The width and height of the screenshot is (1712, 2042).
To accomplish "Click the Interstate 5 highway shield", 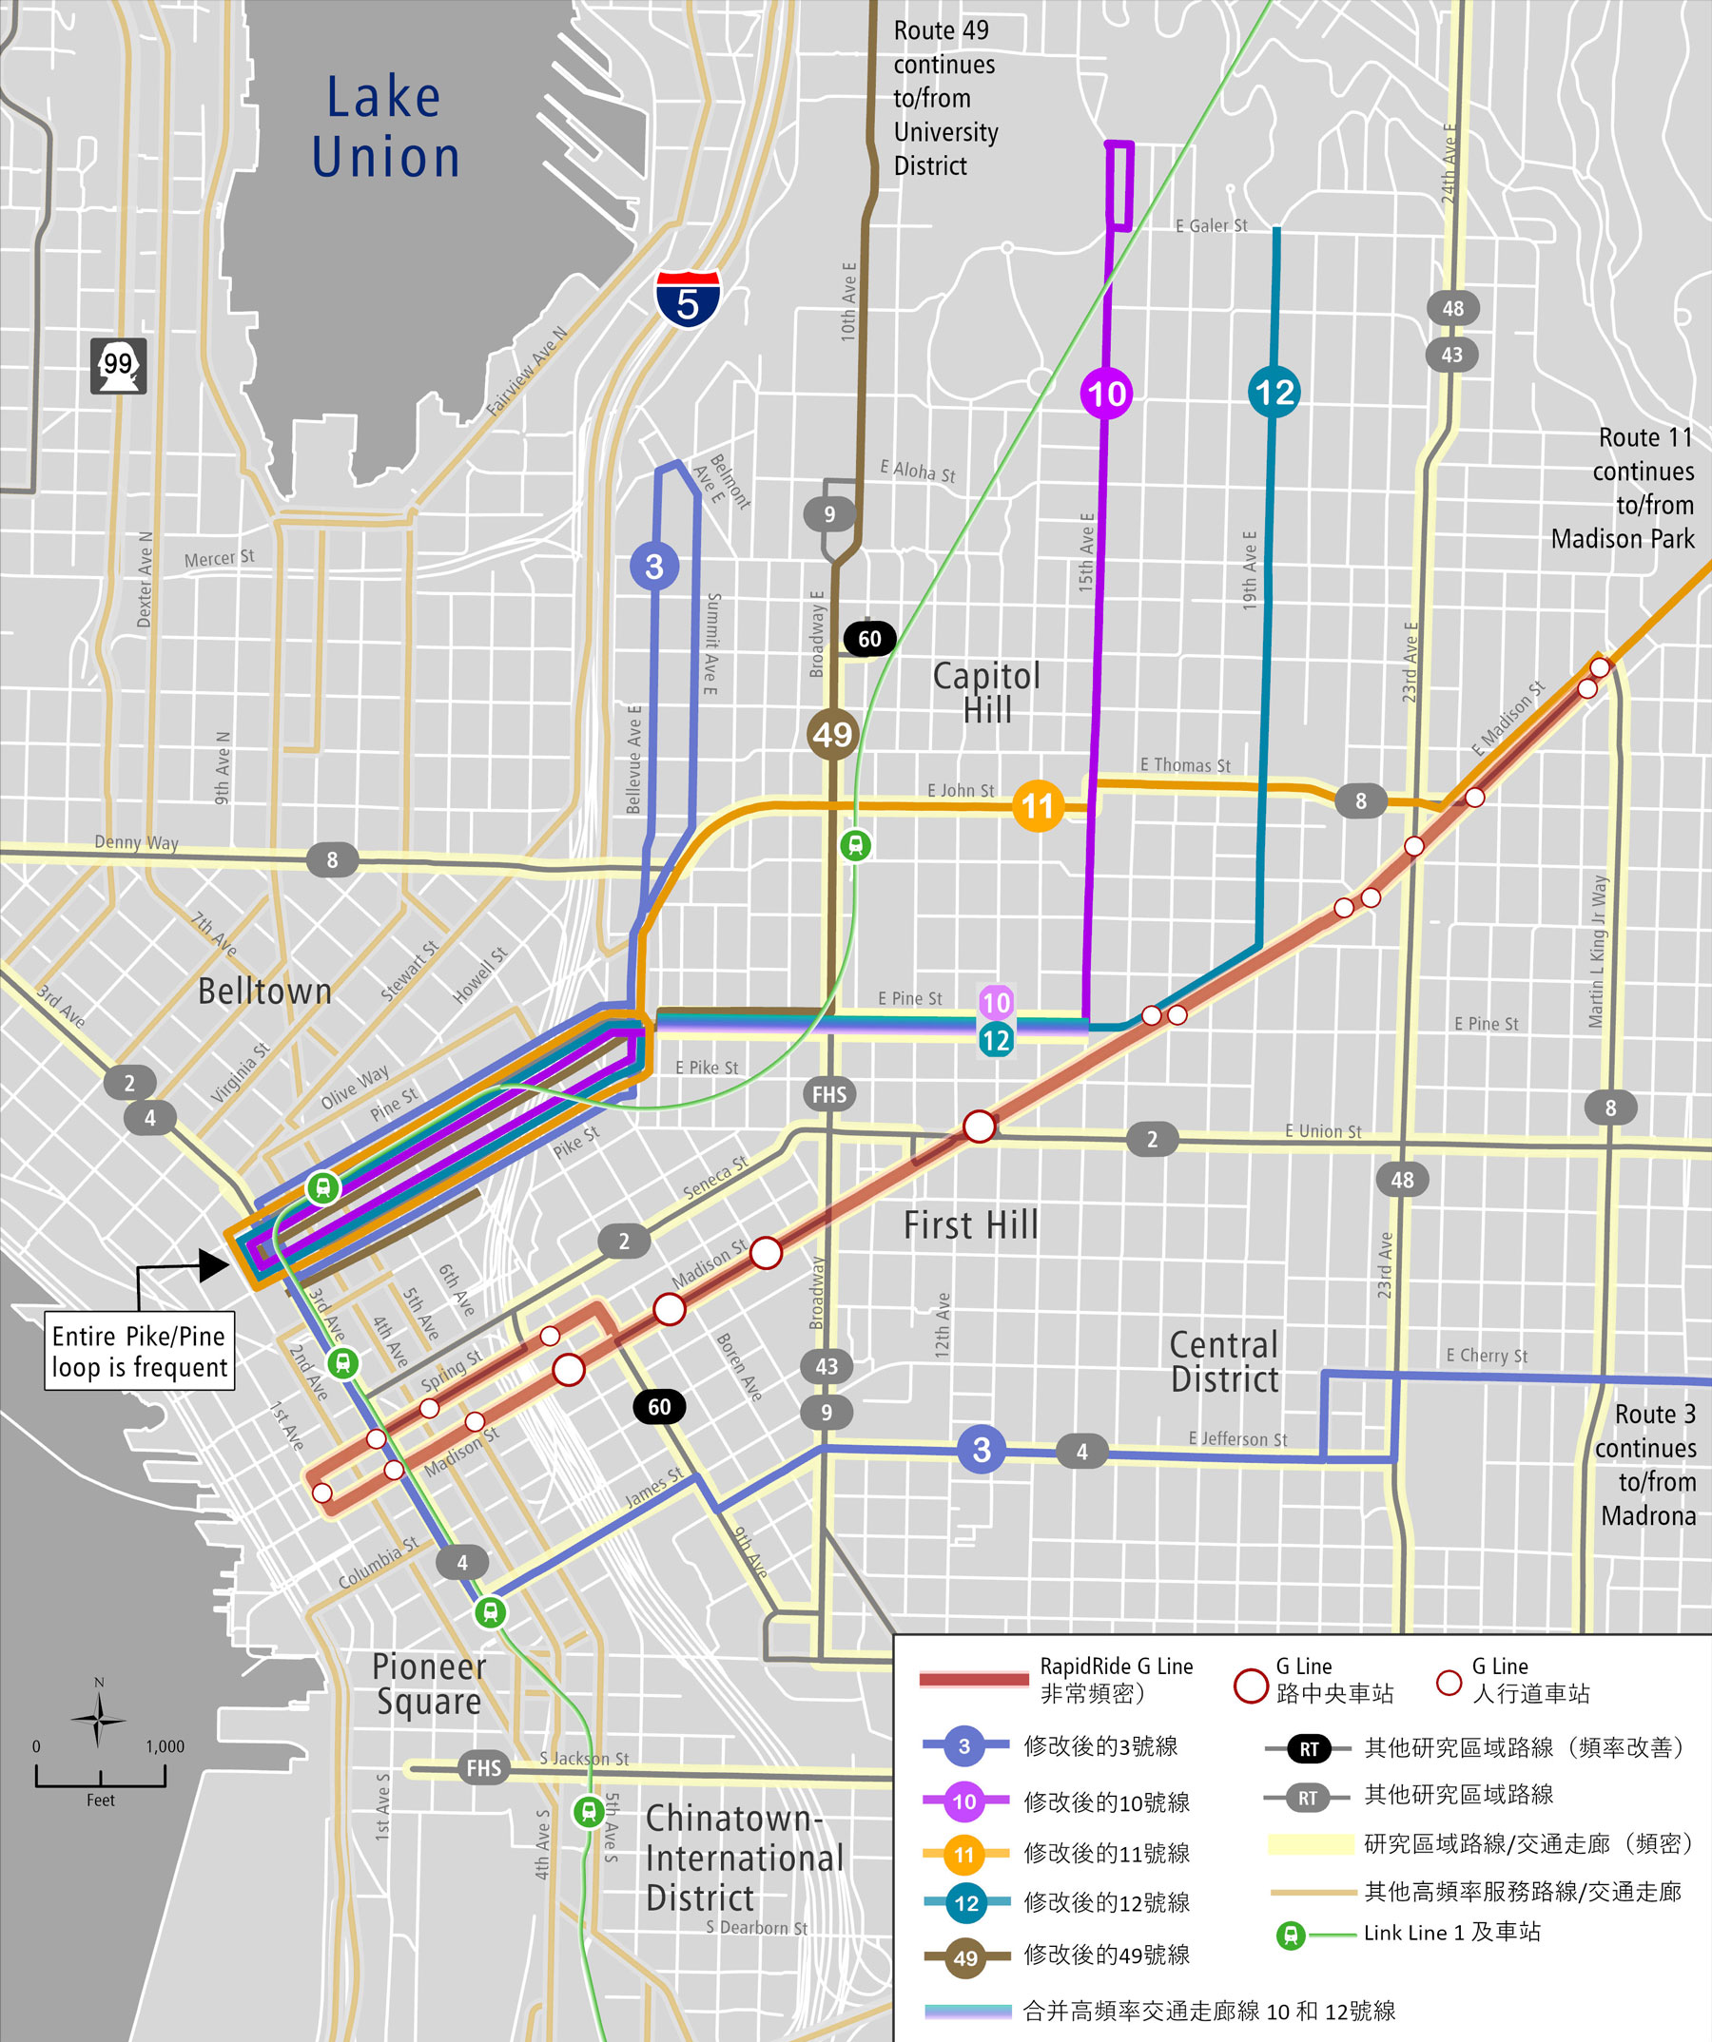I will pyautogui.click(x=688, y=299).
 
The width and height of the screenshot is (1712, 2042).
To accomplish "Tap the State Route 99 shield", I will pyautogui.click(x=119, y=366).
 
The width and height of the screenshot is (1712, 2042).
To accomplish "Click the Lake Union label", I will pyautogui.click(x=385, y=127).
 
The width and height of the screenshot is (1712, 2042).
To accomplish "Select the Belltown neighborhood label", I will pyautogui.click(x=264, y=992).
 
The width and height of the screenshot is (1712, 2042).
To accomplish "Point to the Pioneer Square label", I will pyautogui.click(x=429, y=1685).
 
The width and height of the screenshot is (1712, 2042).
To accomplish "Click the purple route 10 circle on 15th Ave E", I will pyautogui.click(x=1107, y=394).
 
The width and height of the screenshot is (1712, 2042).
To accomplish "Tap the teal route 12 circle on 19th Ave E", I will pyautogui.click(x=1274, y=392).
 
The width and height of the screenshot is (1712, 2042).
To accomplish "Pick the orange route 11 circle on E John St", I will pyautogui.click(x=1038, y=806).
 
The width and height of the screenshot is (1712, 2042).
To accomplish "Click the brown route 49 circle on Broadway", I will pyautogui.click(x=832, y=734).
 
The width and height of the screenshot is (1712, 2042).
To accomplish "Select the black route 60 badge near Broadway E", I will pyautogui.click(x=868, y=639).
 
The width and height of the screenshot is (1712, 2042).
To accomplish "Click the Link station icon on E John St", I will pyautogui.click(x=856, y=845).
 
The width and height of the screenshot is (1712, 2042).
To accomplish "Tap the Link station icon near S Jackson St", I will pyautogui.click(x=589, y=1812).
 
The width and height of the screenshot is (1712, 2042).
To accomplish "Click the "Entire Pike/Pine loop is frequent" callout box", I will pyautogui.click(x=139, y=1351).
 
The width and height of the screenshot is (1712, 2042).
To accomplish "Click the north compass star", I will pyautogui.click(x=98, y=1720).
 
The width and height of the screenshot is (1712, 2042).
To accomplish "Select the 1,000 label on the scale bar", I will pyautogui.click(x=165, y=1746).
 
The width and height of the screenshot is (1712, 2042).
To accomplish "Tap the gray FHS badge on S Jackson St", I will pyautogui.click(x=483, y=1768).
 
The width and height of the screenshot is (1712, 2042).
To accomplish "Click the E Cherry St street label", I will pyautogui.click(x=1487, y=1356).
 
